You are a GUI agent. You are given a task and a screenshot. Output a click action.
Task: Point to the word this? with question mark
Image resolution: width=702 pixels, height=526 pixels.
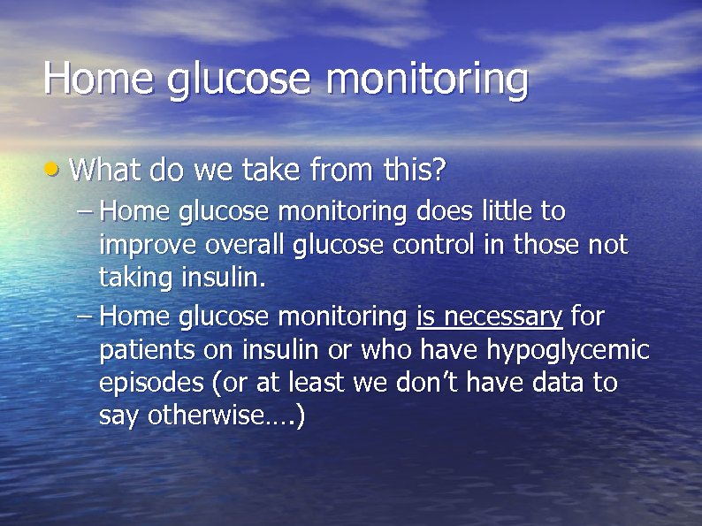click(x=415, y=169)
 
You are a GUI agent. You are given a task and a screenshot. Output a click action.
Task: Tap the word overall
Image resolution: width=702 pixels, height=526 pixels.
click(x=237, y=244)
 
